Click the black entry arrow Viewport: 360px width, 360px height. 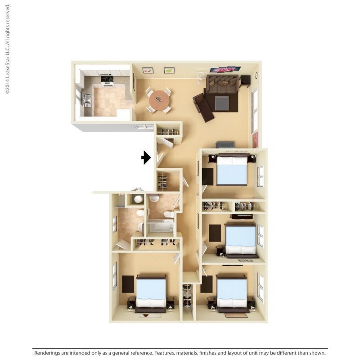(x=146, y=157)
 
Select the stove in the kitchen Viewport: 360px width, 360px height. (x=107, y=79)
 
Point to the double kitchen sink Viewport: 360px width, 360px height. (x=86, y=99)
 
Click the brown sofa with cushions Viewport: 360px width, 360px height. (x=222, y=84)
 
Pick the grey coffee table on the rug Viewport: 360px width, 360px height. (x=221, y=103)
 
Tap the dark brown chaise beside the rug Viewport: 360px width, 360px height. (x=203, y=108)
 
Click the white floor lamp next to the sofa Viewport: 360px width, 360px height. (x=200, y=76)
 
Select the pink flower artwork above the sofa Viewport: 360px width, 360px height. (x=225, y=69)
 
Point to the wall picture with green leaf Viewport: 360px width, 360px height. (x=169, y=70)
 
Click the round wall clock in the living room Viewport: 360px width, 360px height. (x=256, y=75)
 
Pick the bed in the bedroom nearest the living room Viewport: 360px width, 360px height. (x=232, y=170)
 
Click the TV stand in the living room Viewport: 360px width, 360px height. (x=225, y=144)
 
